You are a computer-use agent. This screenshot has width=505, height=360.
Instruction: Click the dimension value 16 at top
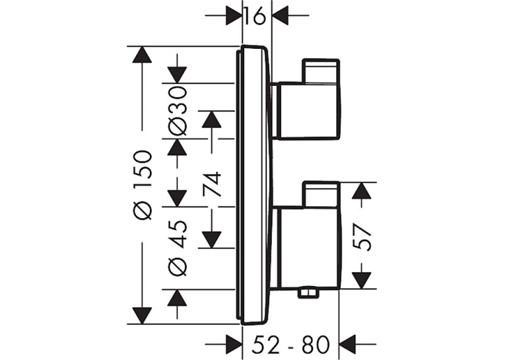pos(255,17)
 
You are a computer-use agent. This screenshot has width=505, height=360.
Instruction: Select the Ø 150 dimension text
pos(143,185)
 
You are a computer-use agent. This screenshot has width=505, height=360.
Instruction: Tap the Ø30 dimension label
pos(178,111)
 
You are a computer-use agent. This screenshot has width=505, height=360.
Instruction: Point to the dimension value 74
pos(213,184)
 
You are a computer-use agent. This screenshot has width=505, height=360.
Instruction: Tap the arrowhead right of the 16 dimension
pos(281,15)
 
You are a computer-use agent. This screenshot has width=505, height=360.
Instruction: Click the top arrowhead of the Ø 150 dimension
pos(141,55)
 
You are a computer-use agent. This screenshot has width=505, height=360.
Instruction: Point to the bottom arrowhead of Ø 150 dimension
pos(141,316)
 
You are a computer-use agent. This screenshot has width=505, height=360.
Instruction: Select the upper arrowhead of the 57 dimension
pos(362,191)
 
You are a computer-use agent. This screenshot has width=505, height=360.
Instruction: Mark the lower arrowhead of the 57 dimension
pos(362,280)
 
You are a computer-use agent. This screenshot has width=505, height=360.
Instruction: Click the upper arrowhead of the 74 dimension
pos(212,120)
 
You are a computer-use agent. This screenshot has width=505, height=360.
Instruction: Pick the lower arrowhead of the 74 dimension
pos(212,240)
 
